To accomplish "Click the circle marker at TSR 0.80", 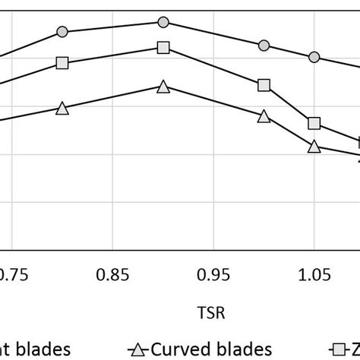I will (62, 32).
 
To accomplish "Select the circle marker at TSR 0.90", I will (163, 23).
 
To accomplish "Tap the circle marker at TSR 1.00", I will (264, 46).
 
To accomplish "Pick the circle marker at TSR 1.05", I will (314, 57).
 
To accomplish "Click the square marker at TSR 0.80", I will (62, 63).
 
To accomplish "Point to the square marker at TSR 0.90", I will (163, 48).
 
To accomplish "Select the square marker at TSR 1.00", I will (264, 85).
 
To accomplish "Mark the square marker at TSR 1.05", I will (314, 123).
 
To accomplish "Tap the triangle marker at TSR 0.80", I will (62, 109).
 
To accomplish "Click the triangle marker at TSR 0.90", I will (163, 87).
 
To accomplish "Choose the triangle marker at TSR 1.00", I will (264, 116).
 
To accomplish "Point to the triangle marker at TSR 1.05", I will (314, 147).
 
